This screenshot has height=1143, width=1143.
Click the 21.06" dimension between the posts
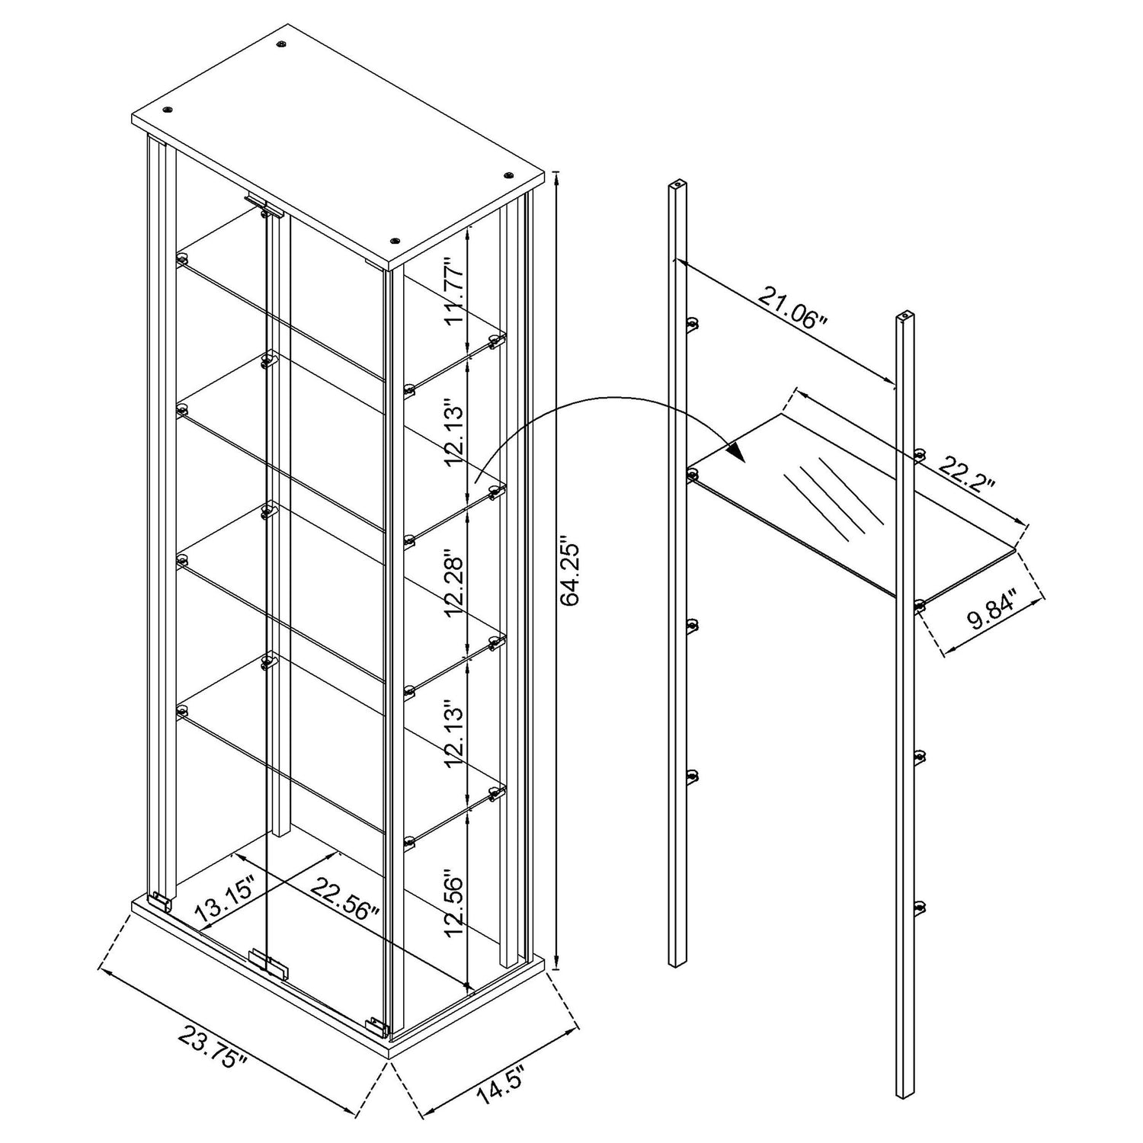(x=792, y=306)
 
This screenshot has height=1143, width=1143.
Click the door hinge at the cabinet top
(x=264, y=206)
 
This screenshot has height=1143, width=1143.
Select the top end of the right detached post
(x=904, y=314)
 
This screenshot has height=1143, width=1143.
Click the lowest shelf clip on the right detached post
(x=920, y=907)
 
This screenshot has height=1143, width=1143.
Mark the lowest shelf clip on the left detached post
(x=693, y=777)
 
